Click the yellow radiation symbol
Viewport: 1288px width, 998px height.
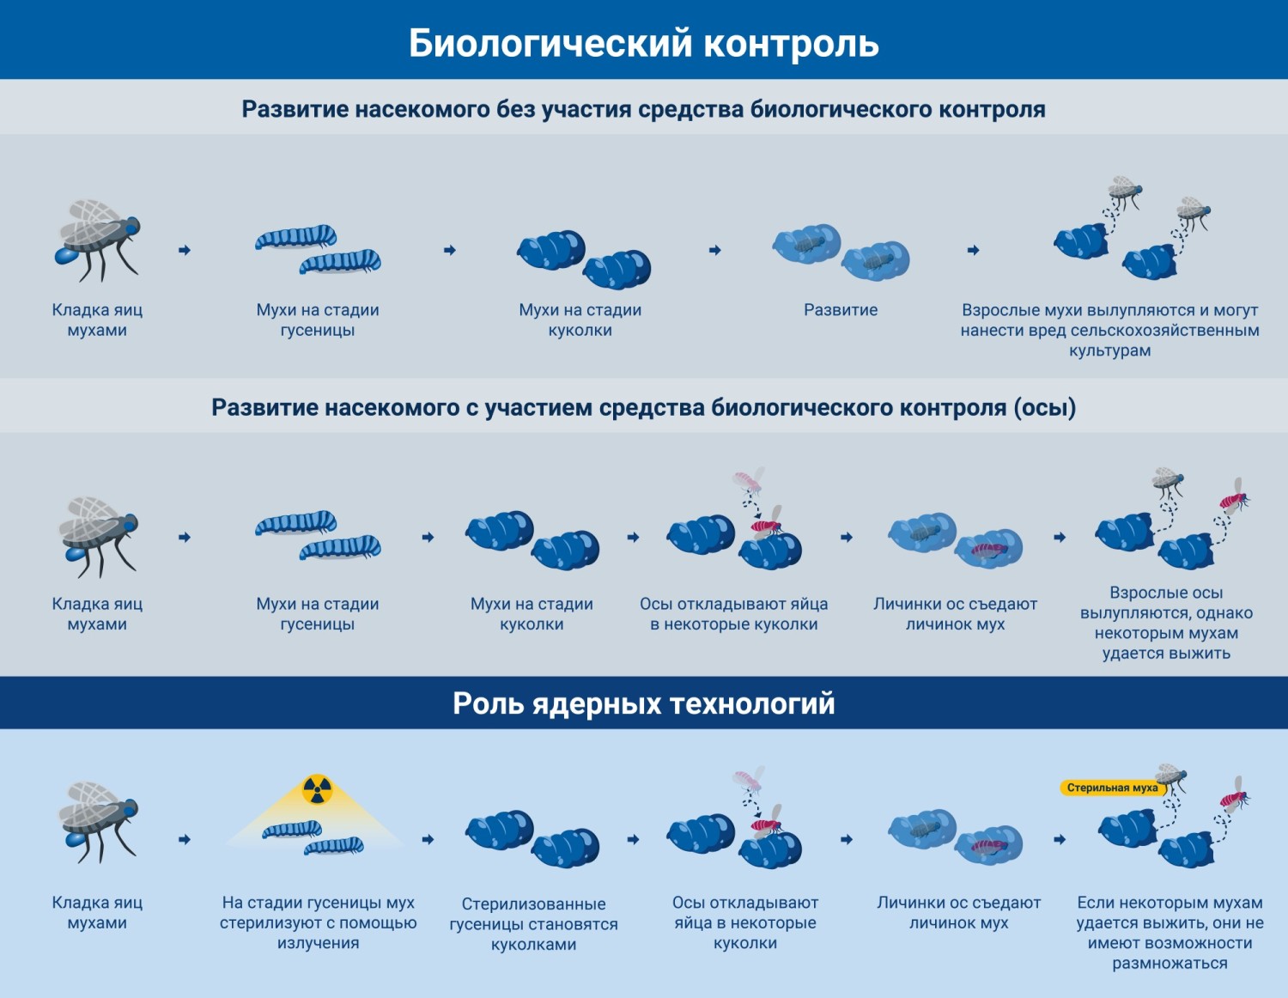click(317, 789)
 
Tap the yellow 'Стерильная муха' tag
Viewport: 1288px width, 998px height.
click(1112, 788)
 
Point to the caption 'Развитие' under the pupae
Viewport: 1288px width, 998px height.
click(841, 310)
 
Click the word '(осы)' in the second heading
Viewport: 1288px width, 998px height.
click(1045, 407)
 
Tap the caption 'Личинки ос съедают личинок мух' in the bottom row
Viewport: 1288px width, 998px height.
click(958, 912)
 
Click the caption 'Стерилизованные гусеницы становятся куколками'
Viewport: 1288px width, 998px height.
click(533, 924)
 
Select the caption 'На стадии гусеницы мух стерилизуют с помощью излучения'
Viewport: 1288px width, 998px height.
click(318, 922)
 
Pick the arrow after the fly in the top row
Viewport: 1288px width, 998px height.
click(185, 250)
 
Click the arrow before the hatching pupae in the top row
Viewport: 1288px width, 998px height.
click(973, 250)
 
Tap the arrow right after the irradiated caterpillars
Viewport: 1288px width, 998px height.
click(428, 839)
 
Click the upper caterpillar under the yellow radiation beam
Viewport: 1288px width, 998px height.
click(292, 829)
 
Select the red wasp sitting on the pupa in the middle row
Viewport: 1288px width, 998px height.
click(766, 526)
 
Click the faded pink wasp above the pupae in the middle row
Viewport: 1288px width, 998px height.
click(748, 480)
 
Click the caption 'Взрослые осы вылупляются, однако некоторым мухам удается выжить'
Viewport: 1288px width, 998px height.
click(1166, 623)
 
